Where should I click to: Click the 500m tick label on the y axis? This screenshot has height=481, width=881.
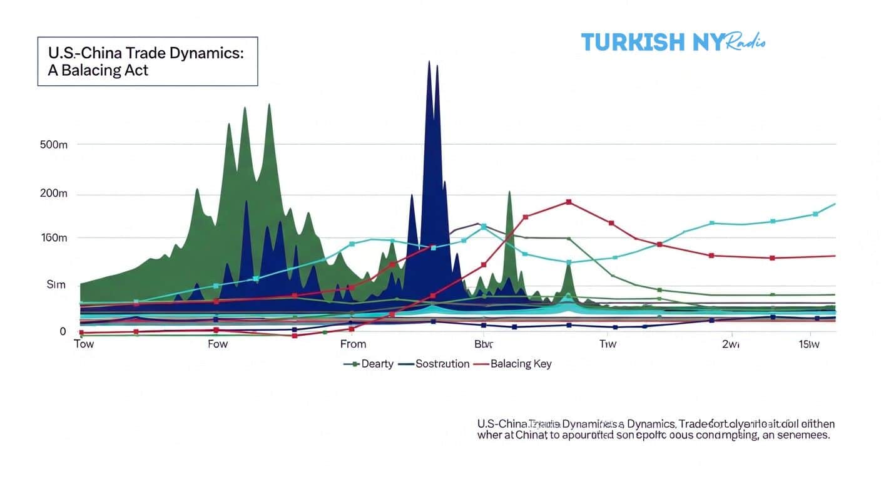53,145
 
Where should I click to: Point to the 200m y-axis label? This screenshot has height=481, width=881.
53,194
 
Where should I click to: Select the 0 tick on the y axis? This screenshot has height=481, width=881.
63,331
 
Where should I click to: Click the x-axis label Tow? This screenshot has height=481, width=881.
84,344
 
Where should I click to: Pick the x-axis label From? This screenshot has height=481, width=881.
353,344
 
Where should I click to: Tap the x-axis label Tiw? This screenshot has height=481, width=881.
608,344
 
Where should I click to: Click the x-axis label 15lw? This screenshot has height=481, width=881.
810,344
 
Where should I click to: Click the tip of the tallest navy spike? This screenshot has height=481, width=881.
429,61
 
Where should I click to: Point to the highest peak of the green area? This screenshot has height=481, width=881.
269,105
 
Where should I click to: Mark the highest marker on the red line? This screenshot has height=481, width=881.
569,202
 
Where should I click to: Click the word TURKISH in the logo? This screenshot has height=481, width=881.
633,43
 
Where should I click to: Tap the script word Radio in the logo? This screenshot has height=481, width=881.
745,41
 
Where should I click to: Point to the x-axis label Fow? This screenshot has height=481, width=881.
217,344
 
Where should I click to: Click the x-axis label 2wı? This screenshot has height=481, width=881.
730,344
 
